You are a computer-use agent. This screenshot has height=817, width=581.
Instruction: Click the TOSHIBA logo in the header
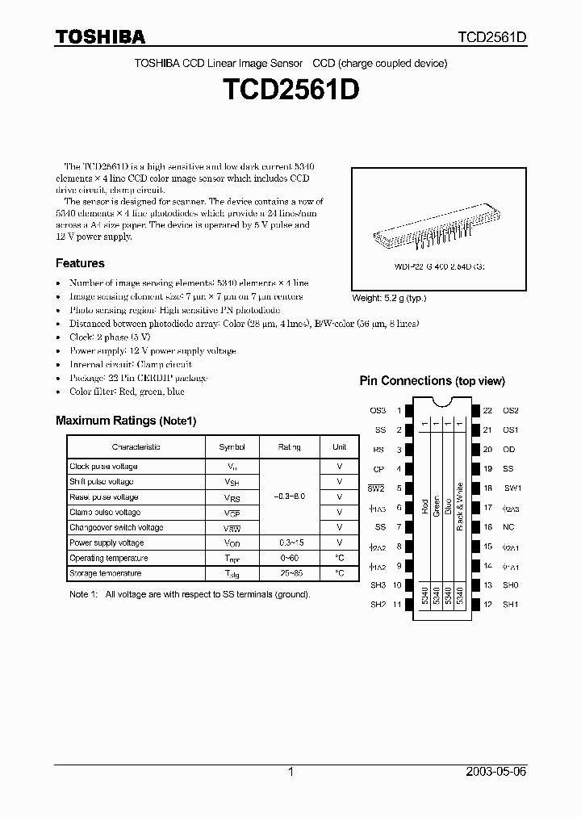(100, 36)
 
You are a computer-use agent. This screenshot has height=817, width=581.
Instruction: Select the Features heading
(80, 263)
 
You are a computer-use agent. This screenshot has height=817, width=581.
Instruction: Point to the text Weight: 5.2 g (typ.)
(389, 298)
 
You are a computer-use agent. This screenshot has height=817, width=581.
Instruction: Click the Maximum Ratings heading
(125, 421)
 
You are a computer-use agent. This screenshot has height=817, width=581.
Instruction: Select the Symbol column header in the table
(232, 446)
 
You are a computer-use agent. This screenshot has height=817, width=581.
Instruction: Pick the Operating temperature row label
(108, 558)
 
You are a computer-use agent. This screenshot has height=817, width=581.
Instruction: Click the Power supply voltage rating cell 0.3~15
(289, 543)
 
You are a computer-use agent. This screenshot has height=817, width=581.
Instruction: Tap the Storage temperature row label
(105, 573)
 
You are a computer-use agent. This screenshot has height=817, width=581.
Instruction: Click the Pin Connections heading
(432, 381)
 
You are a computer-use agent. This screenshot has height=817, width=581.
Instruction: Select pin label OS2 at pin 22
(510, 410)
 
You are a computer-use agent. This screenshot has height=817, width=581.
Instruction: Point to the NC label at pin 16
(509, 526)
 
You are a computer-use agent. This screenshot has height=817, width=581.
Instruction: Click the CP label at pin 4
(378, 468)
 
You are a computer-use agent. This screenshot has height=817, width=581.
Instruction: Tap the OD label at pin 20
(509, 449)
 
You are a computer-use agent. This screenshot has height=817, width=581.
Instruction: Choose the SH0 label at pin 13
(510, 584)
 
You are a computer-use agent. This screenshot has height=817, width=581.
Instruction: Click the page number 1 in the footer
(290, 772)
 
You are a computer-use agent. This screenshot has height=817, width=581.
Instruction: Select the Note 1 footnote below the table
(189, 594)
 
